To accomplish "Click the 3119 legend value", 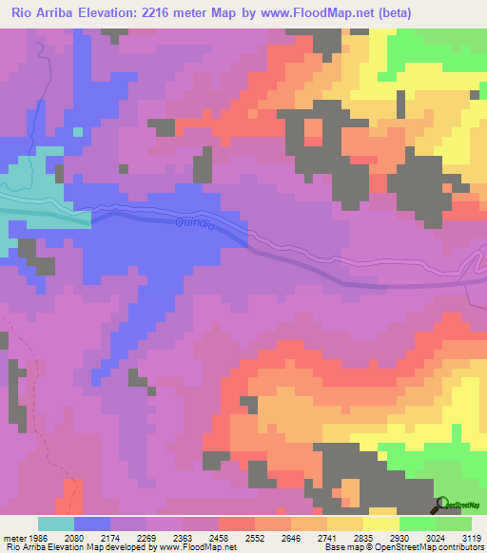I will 471,538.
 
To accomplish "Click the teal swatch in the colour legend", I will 55,524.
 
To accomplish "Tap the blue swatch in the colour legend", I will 91,524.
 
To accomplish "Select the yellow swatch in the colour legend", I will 380,524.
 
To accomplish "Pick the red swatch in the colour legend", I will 236,524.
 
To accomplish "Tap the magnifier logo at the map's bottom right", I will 440,504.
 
